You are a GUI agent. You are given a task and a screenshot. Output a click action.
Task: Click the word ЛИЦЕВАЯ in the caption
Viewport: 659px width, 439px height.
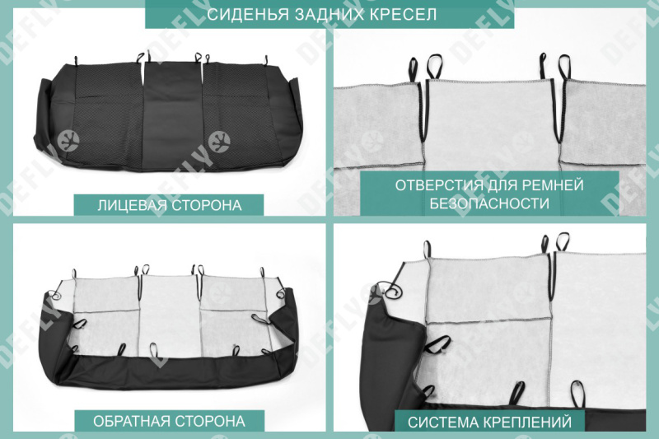129,205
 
